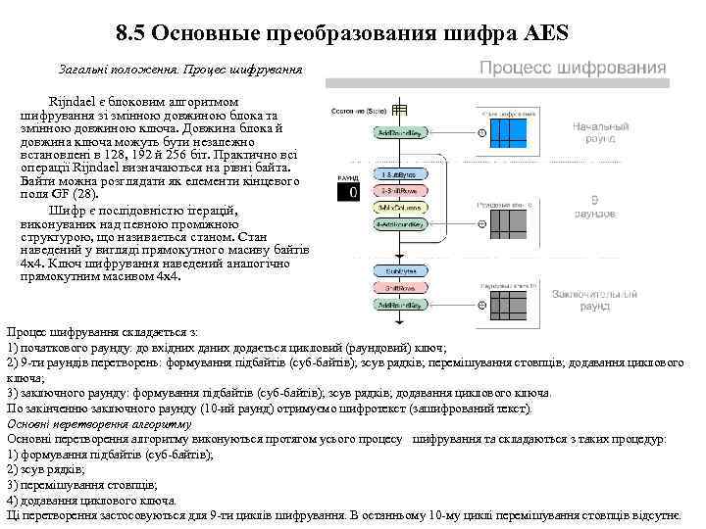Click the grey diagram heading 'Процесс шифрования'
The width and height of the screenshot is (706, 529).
tap(572, 69)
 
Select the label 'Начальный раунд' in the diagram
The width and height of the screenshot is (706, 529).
tap(601, 134)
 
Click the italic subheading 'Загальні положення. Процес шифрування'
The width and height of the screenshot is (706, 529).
tap(180, 71)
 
